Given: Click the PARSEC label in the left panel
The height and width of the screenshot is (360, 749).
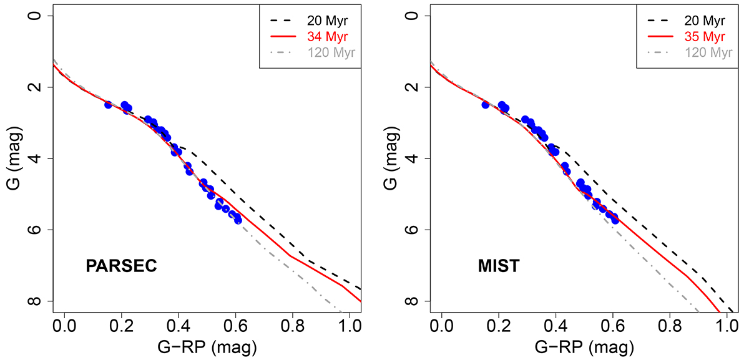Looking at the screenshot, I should click(120, 267).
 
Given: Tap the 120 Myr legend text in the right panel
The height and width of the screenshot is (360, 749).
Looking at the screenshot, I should click(708, 52).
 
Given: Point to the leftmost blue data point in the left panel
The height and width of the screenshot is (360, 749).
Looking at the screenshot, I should click(108, 105).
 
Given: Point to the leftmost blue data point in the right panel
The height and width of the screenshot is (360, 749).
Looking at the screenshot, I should click(485, 105).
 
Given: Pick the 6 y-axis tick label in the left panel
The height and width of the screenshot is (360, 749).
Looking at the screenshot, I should click(37, 230).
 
